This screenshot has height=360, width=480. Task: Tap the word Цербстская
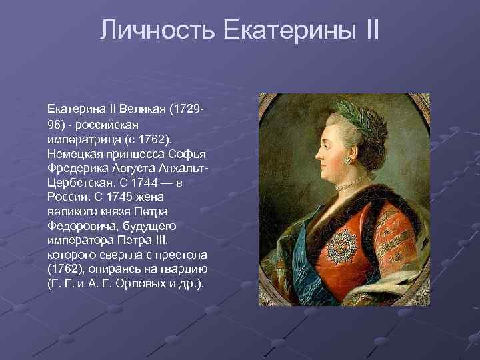click(75, 182)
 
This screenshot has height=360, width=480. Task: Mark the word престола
click(183, 255)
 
